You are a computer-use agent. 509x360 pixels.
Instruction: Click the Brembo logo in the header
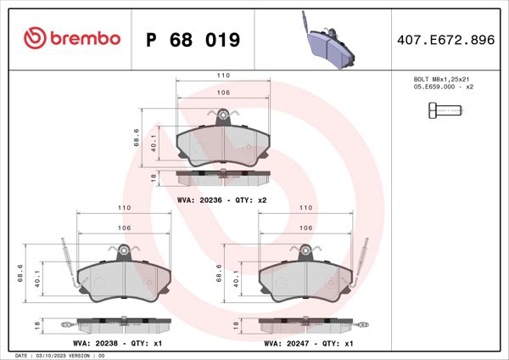(x=72, y=39)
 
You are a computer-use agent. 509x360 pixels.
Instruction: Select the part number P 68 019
(x=193, y=40)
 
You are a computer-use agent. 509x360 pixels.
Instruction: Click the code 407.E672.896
(x=445, y=40)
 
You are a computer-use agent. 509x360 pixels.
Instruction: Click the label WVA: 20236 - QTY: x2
(x=222, y=200)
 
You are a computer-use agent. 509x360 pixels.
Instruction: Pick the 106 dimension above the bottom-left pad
(x=124, y=228)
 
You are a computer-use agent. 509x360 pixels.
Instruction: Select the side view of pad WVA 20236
(x=223, y=177)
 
